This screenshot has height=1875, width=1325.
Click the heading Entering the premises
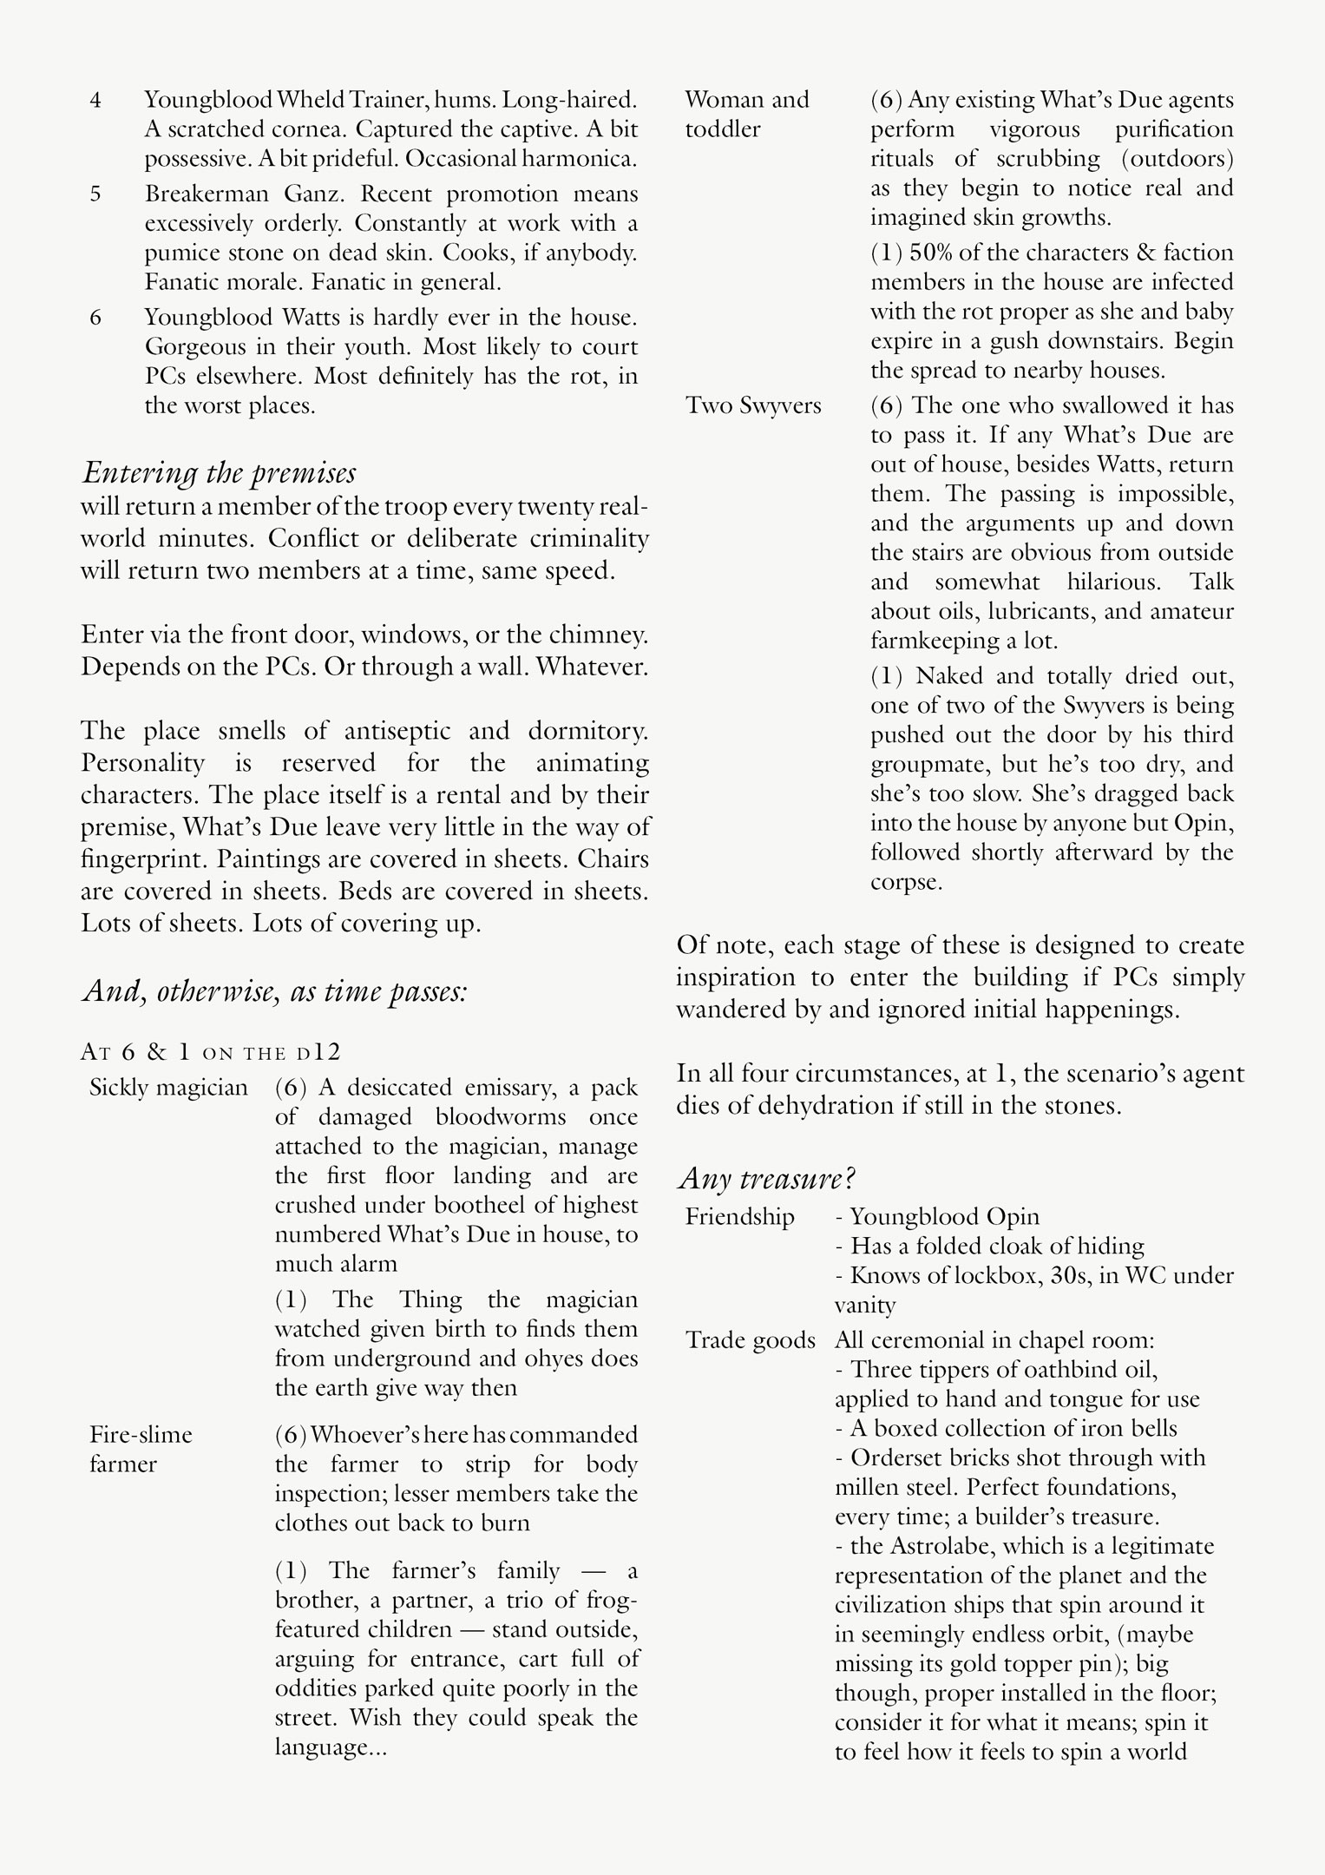pos(219,473)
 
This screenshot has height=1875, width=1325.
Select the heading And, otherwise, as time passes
pos(275,990)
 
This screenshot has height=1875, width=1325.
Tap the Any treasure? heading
pos(767,1178)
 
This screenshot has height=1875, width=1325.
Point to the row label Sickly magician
pos(168,1088)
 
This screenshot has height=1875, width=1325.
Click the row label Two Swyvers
pos(753,405)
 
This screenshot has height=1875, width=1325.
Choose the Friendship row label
pos(739,1217)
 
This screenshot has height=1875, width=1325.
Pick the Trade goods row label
pos(751,1340)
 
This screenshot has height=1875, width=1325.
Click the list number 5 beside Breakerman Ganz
pos(95,194)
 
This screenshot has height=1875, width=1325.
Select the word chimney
pos(601,635)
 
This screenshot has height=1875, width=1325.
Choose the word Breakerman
pos(206,194)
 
